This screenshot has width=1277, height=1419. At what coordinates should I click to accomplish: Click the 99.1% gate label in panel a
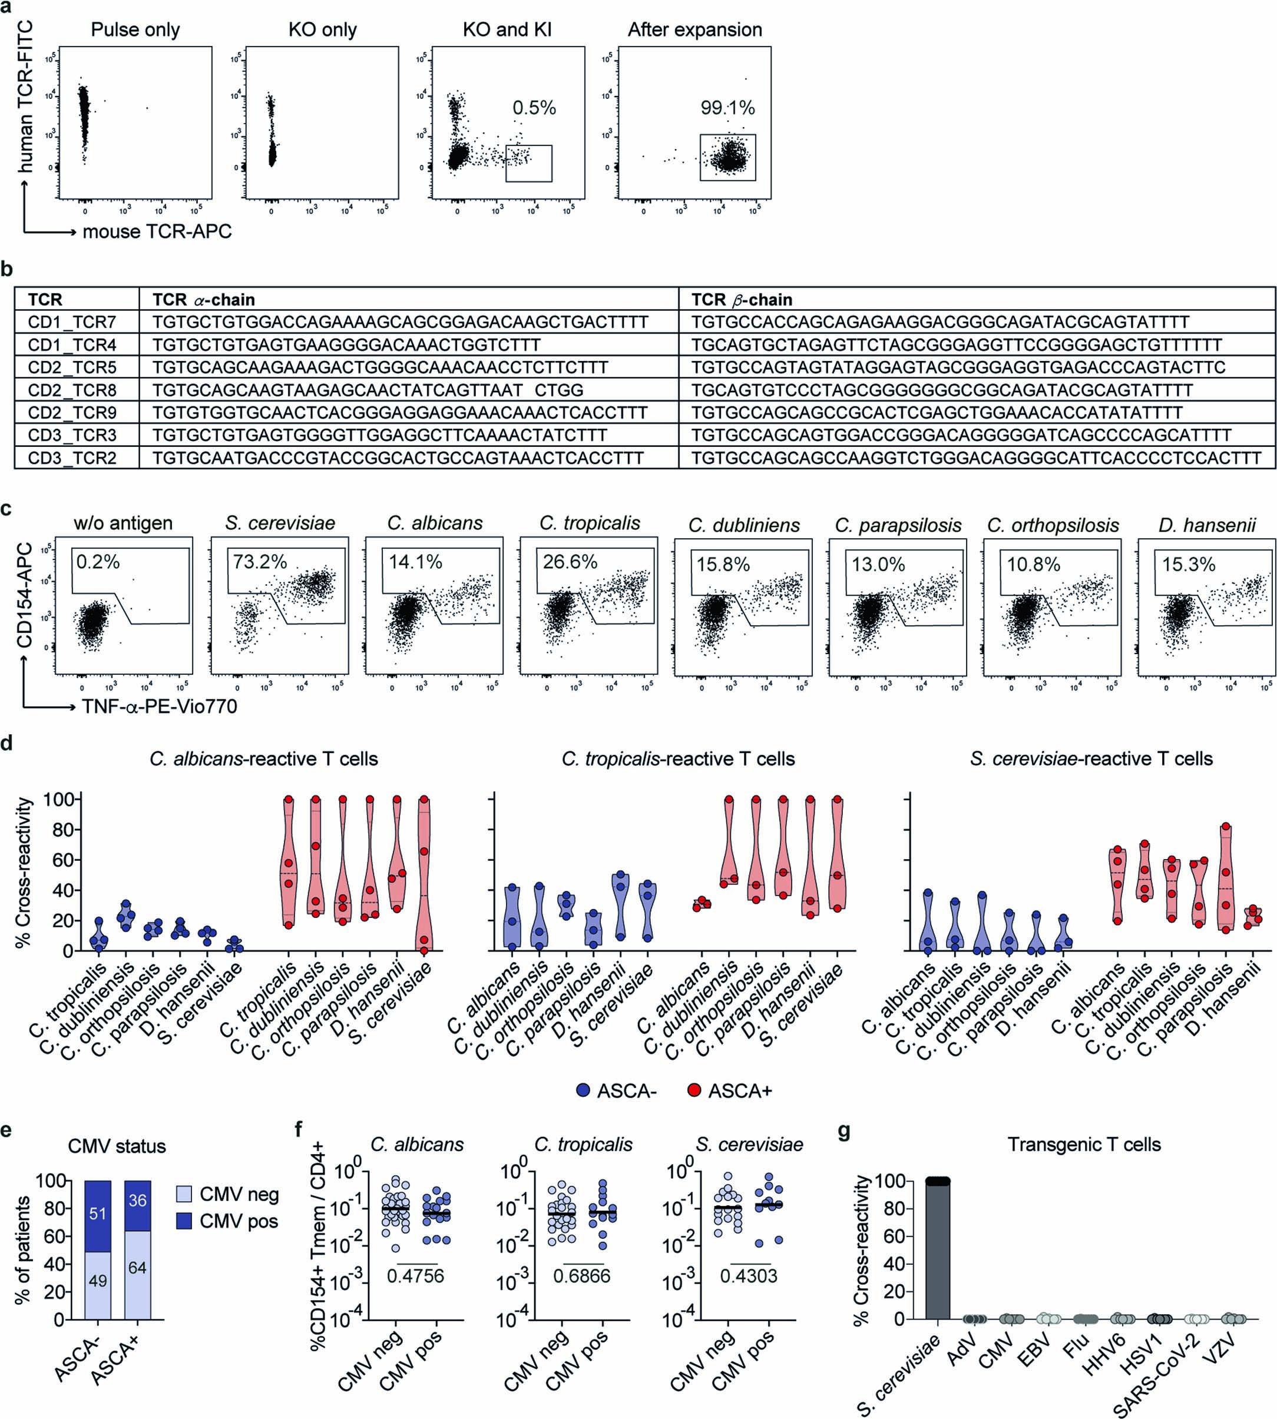coord(727,107)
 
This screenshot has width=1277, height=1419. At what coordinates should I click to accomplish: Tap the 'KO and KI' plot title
coord(507,29)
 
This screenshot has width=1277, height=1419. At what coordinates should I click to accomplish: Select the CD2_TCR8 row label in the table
coord(72,390)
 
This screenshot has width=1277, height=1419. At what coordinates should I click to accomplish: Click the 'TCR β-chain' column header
coord(742,300)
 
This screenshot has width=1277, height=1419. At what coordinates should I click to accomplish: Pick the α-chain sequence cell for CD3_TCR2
coord(398,458)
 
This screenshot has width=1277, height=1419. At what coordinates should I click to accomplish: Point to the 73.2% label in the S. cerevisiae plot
coord(260,562)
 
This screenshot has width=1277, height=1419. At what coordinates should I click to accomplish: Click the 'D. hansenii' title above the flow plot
coord(1207,525)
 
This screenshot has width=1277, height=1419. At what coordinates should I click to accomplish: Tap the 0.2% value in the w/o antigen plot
coord(98,562)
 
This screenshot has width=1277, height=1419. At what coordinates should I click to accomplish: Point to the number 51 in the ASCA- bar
coord(98,1214)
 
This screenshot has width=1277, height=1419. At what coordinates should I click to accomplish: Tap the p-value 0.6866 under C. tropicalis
coord(582,1276)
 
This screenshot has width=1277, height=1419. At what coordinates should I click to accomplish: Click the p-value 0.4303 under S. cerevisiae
coord(749,1276)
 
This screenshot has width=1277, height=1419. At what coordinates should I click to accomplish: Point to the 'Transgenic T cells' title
coord(1084,1145)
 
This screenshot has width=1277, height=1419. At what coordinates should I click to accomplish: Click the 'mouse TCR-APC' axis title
coord(157,231)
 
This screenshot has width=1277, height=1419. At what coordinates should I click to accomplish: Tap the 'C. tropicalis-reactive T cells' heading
coord(678,759)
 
